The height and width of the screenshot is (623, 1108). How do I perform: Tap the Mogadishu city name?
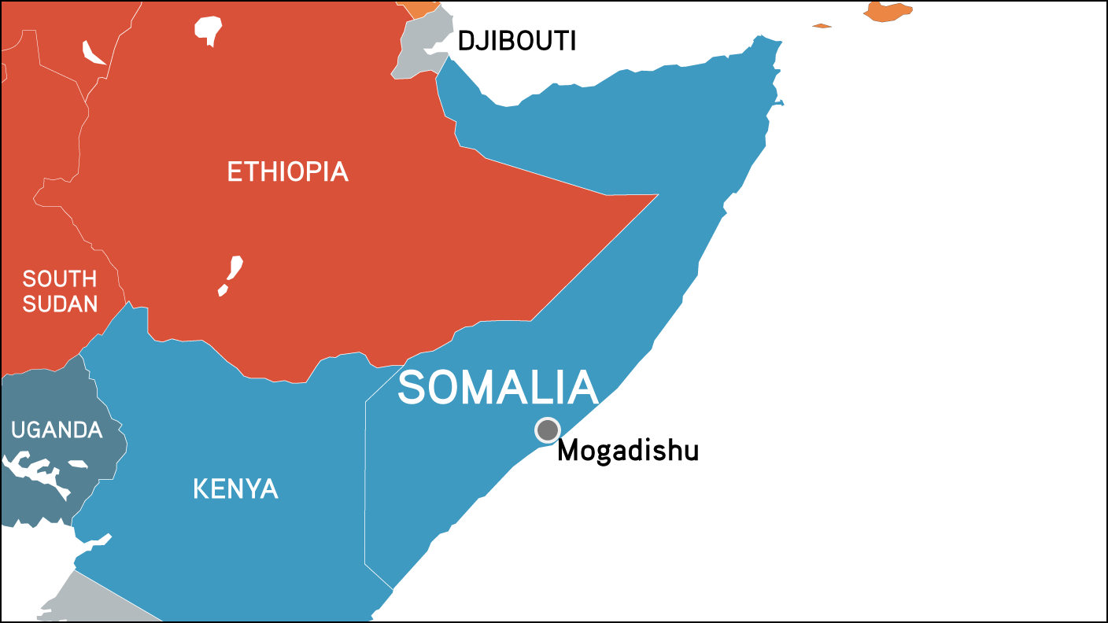point(628,452)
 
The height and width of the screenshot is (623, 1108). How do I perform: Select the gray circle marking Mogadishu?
point(547,429)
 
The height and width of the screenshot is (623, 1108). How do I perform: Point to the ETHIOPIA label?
point(287,171)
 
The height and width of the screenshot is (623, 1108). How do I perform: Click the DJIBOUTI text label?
point(517,42)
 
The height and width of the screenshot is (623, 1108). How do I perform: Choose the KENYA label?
point(235,489)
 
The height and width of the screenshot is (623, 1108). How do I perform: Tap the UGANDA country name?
point(57,430)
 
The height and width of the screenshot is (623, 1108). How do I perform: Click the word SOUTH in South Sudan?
point(60,278)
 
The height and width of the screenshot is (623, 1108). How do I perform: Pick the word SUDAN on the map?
point(60,304)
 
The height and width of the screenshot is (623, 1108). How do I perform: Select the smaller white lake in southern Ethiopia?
point(223,291)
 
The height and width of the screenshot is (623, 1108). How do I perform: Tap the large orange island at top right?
point(887,12)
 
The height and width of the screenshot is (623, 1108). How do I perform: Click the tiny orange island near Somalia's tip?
point(822,26)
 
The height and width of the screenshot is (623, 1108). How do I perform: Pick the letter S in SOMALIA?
point(414,388)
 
